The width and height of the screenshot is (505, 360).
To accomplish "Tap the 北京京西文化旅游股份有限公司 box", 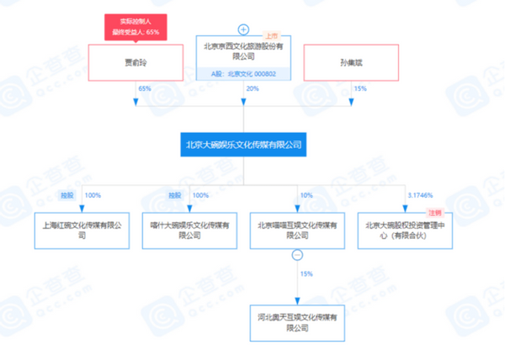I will tap(243, 52).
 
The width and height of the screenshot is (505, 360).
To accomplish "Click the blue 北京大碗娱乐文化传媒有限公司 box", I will tap(243, 145).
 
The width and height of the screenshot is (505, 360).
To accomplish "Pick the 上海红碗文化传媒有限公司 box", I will tap(82, 230).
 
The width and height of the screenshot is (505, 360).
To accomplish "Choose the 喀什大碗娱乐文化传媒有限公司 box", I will tap(189, 230).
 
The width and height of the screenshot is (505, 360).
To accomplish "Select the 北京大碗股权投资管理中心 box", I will tap(405, 230).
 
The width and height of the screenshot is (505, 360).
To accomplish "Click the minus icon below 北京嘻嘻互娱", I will tap(296, 254).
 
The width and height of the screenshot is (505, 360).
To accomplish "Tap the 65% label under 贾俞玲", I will tap(144, 88).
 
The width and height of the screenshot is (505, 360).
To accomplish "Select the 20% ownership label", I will tap(252, 88).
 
